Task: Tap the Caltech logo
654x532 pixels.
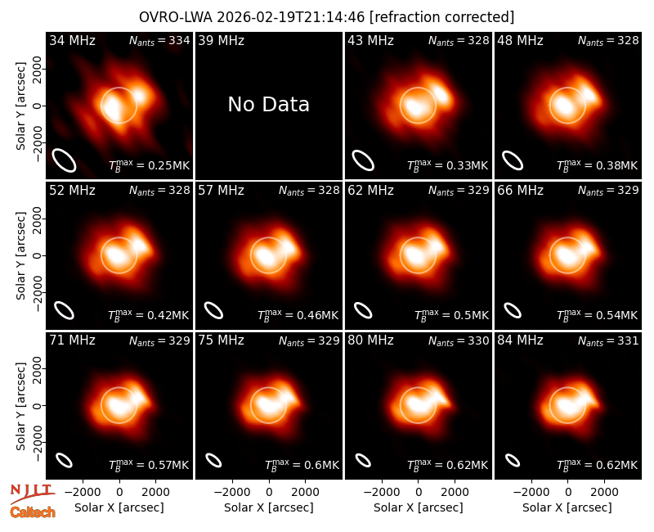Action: coord(33,512)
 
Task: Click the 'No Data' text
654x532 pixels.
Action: coord(269,105)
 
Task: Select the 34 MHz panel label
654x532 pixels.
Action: coord(72,40)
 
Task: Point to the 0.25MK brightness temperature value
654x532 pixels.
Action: coord(163,166)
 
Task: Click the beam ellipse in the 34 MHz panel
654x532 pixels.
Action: coord(64,160)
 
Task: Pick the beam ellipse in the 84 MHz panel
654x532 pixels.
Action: coord(513,460)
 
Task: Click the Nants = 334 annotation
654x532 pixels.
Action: coord(159,40)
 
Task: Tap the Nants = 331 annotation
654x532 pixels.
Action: coord(608,341)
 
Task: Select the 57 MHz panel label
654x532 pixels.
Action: coord(221,191)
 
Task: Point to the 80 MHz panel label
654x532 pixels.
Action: coord(370,340)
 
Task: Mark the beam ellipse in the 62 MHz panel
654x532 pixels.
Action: coord(363,310)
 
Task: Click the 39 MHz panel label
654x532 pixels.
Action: coord(221,40)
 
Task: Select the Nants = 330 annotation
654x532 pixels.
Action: coord(459,341)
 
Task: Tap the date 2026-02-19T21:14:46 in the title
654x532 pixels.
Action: coord(291,17)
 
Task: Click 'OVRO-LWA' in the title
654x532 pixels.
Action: coord(176,17)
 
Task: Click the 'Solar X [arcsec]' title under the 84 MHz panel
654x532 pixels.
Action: coord(567,507)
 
